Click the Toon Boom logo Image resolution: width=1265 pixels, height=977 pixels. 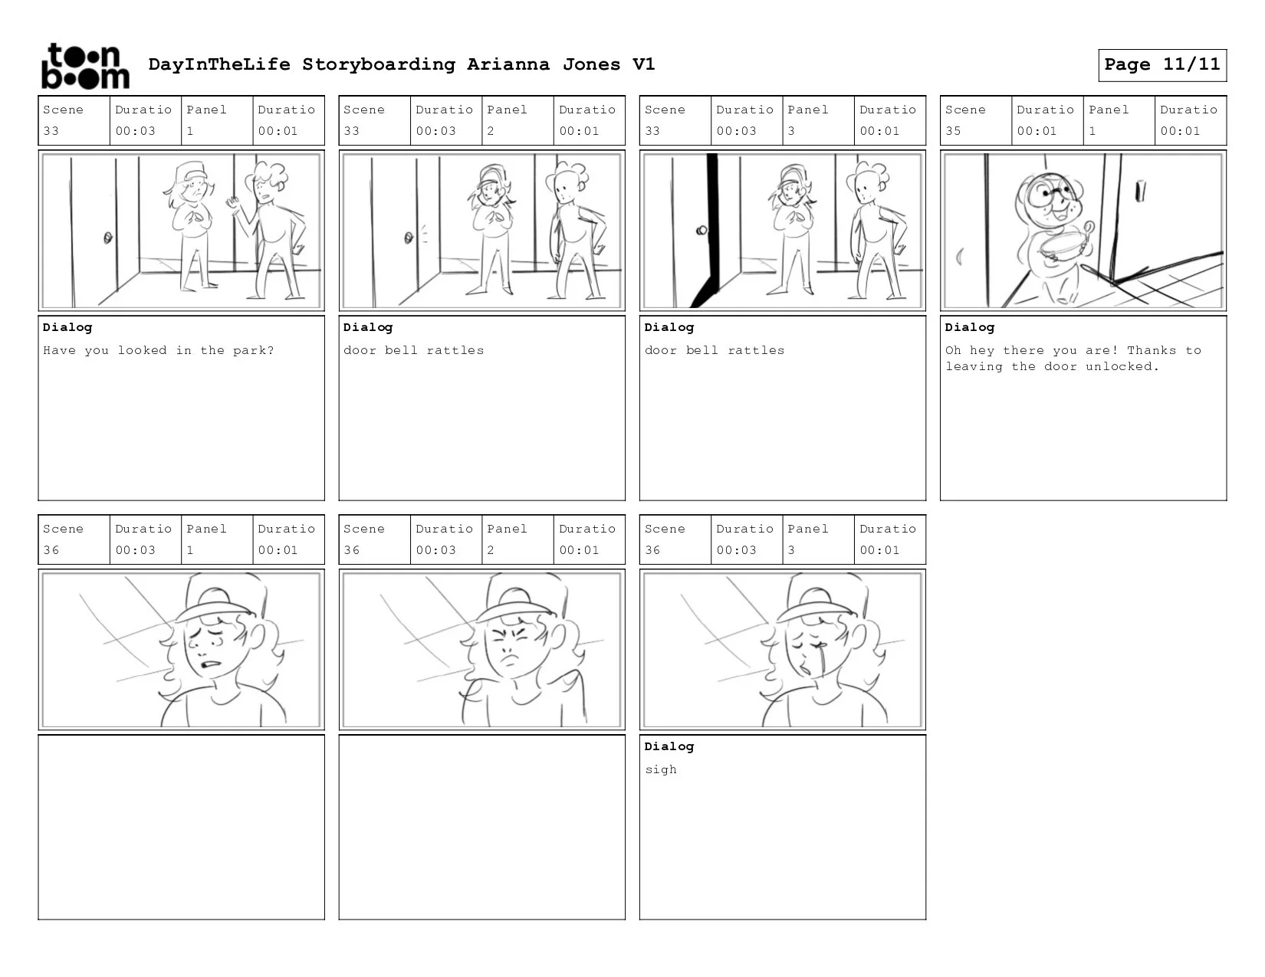coord(86,66)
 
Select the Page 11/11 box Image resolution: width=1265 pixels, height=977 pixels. coord(1162,64)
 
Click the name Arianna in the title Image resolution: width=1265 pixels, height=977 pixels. coord(508,64)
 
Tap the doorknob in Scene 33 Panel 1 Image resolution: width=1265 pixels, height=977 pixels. coord(107,238)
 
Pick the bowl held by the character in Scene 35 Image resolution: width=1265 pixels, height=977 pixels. coord(1062,248)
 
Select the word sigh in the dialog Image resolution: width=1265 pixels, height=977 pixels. coord(661,770)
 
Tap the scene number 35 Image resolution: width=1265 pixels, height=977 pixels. coord(953,131)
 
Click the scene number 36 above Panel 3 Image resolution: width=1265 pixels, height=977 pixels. coord(652,550)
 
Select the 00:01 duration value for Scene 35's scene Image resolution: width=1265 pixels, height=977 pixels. coord(1037,131)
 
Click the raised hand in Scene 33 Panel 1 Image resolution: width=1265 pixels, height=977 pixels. coord(233,204)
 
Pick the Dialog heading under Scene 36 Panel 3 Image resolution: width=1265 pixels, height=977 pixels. coord(669,746)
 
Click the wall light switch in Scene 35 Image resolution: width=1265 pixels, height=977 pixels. coord(1141,190)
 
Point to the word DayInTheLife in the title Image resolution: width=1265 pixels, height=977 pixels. coord(219,64)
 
